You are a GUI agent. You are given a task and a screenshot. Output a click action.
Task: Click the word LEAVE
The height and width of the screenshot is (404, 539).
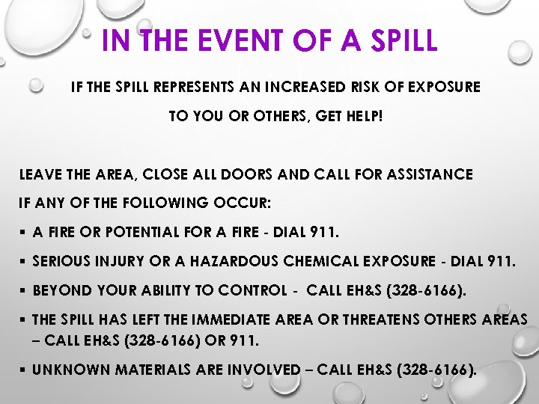[41, 174]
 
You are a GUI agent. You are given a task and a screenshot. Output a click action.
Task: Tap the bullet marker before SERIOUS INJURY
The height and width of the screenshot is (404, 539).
[24, 262]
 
